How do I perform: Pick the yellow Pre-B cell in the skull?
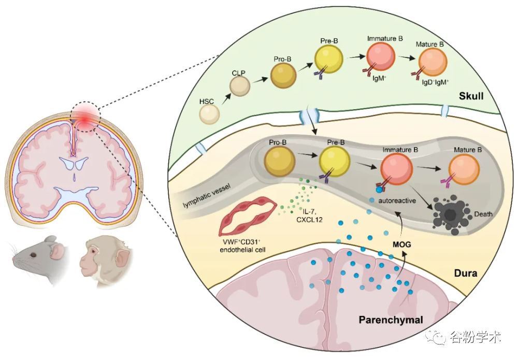click(x=329, y=59)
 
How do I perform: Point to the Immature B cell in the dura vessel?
click(x=397, y=169)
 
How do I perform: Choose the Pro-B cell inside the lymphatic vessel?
click(x=280, y=161)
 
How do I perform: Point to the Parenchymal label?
click(x=391, y=320)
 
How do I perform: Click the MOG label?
click(x=400, y=242)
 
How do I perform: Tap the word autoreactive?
click(x=398, y=201)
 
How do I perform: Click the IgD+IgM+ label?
click(x=435, y=82)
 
